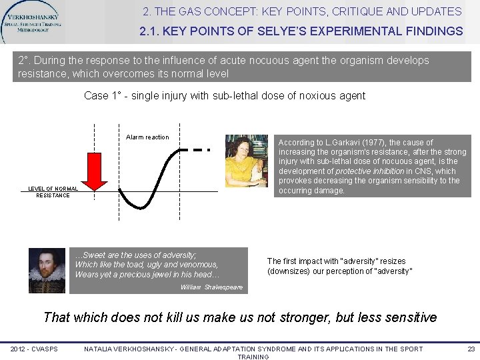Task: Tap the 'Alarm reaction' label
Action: coord(147,137)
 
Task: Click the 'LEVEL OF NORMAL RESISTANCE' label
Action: coord(53,192)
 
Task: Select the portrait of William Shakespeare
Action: coord(47,270)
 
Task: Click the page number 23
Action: coord(471,349)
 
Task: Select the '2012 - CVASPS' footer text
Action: coord(34,349)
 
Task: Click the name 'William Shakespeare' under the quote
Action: coord(211,288)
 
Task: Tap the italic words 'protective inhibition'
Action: coord(369,171)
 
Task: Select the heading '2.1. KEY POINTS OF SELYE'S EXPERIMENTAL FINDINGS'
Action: coord(301,31)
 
